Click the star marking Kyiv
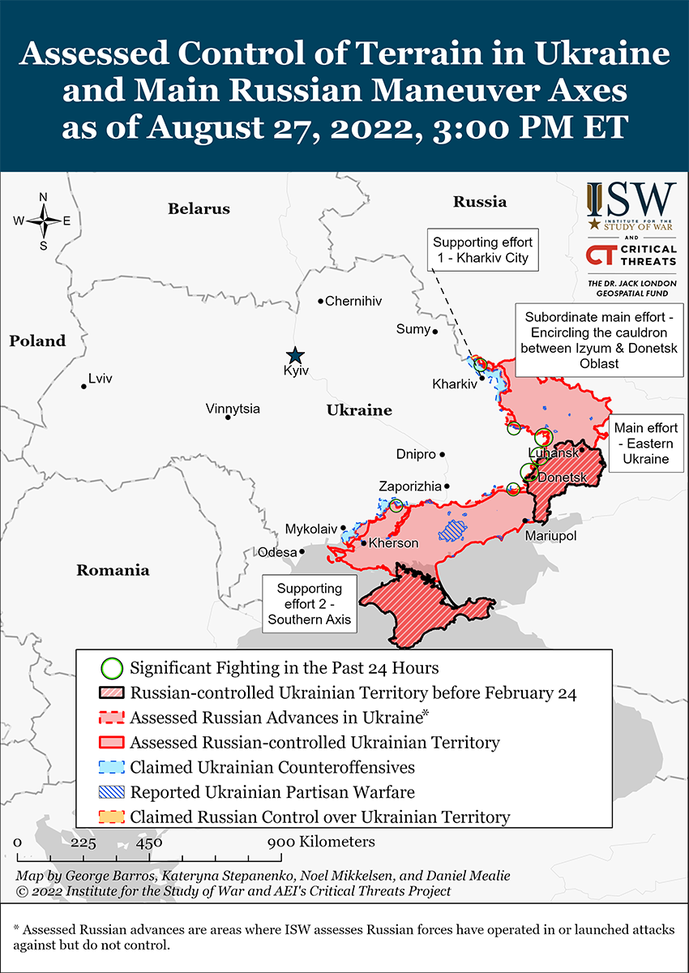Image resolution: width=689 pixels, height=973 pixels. click(x=295, y=354)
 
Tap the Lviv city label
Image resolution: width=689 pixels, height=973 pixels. click(x=101, y=378)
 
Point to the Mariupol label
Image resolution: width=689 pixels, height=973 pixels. click(x=550, y=536)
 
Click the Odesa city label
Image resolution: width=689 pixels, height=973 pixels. click(x=277, y=552)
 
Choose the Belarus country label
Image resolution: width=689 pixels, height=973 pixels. click(x=199, y=209)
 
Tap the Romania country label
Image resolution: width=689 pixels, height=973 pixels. click(x=113, y=570)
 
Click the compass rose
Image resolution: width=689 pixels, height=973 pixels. click(x=43, y=221)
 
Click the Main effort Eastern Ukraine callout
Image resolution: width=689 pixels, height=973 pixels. click(x=645, y=443)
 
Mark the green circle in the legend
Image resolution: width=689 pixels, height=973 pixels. click(x=111, y=668)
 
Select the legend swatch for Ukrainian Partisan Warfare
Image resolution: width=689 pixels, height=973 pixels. click(x=111, y=791)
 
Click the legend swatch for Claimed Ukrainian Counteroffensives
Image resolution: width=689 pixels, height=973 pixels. click(x=111, y=767)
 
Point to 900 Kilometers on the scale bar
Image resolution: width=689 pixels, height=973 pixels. click(x=322, y=842)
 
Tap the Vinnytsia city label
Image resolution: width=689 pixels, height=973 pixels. click(x=233, y=409)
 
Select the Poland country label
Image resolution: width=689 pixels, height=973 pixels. click(x=37, y=341)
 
